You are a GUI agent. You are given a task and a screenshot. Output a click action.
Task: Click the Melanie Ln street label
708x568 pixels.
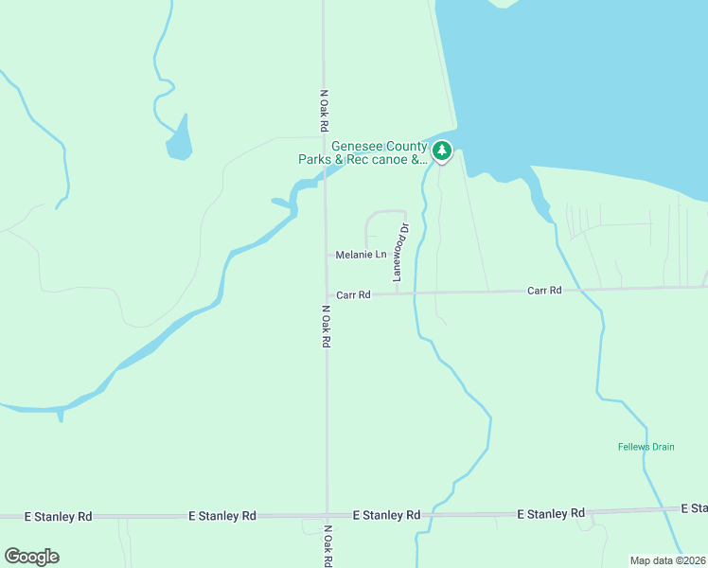(362, 255)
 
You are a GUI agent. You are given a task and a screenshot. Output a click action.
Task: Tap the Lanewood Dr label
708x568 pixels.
(399, 252)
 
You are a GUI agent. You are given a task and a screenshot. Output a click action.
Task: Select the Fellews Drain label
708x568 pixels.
(646, 447)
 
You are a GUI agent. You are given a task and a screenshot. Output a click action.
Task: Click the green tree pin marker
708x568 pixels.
(441, 151)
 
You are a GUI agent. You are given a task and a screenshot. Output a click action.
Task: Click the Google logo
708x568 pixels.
(31, 557)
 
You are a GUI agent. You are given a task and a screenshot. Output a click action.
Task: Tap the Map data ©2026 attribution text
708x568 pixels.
(667, 560)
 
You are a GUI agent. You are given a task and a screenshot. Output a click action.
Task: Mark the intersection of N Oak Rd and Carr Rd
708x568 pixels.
(327, 294)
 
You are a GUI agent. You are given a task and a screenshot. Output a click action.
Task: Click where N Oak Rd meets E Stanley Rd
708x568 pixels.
(327, 516)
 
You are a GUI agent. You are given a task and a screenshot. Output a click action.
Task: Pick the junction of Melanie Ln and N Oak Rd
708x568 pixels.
(327, 255)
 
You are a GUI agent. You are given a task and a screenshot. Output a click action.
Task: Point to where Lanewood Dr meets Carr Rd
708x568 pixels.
(396, 293)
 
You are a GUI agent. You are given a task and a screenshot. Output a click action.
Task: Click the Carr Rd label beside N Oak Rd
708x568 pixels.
(352, 295)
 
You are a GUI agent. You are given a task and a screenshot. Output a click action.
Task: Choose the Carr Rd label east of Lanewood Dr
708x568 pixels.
(544, 291)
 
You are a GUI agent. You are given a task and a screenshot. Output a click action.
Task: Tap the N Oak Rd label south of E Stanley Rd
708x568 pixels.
(327, 546)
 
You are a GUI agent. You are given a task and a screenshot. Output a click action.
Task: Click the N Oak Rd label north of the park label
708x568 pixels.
(324, 111)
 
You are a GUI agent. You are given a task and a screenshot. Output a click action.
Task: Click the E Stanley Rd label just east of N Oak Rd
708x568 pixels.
(386, 516)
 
